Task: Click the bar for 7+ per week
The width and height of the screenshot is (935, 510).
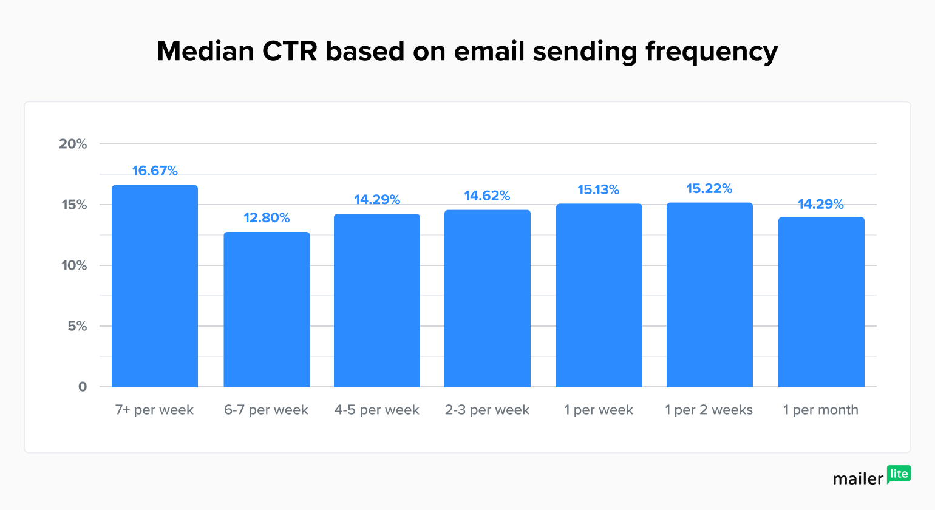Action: [x=155, y=286]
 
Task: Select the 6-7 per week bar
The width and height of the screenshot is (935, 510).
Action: [x=267, y=310]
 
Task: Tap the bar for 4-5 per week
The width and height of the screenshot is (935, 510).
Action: [x=377, y=301]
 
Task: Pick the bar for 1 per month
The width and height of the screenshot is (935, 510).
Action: [x=821, y=302]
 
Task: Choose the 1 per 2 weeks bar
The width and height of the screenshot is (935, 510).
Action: [x=709, y=295]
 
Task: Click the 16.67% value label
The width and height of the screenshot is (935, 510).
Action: [x=155, y=171]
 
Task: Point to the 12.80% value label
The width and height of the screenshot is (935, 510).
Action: [x=267, y=217]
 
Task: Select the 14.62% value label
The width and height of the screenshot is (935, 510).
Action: [x=487, y=195]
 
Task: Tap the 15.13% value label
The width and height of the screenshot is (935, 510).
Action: [x=598, y=189]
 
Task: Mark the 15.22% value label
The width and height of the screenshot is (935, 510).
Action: [x=709, y=188]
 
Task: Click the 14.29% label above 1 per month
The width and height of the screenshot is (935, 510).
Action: [x=820, y=204]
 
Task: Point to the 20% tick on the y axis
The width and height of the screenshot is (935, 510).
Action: [x=73, y=144]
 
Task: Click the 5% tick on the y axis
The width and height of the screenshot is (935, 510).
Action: [x=76, y=326]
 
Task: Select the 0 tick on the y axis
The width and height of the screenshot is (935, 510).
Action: [x=83, y=387]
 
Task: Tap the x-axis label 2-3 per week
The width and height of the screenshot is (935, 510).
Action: [x=487, y=410]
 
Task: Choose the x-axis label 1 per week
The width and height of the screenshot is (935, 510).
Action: [x=598, y=410]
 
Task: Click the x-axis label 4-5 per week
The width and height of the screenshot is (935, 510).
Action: [x=377, y=410]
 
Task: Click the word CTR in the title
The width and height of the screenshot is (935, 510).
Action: [x=290, y=51]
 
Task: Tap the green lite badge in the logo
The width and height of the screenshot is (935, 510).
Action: [x=899, y=474]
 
